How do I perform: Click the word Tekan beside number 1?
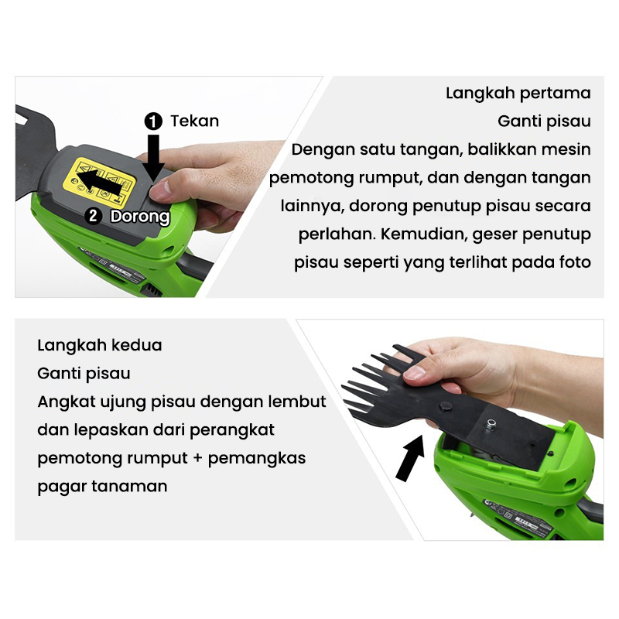[x=194, y=121]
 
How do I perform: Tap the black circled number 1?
[x=153, y=121]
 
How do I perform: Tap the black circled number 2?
[x=94, y=216]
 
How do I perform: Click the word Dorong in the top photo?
[x=140, y=216]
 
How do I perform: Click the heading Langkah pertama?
[x=518, y=93]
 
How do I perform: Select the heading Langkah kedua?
[x=100, y=344]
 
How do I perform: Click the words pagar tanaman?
[x=102, y=487]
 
